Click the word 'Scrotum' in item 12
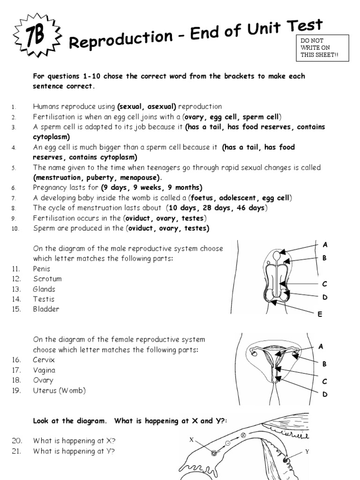click(47, 279)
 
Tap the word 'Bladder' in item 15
click(46, 309)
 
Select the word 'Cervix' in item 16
click(44, 360)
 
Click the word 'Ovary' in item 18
click(43, 380)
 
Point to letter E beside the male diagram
click(320, 315)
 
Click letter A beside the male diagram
click(324, 245)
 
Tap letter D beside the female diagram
click(324, 395)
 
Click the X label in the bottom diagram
click(191, 440)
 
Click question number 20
click(17, 441)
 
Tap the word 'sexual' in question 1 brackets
click(131, 106)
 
